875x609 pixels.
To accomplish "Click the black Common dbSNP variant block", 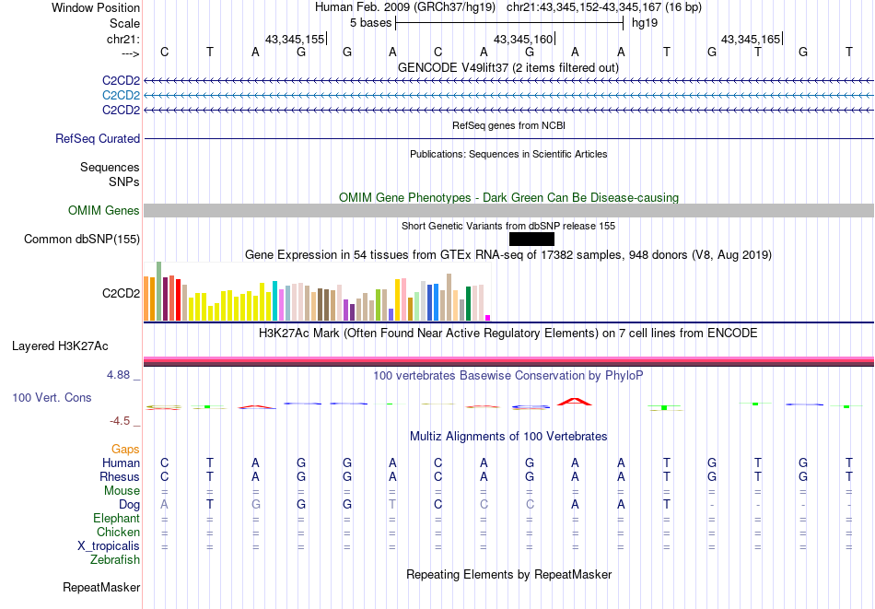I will coord(531,240).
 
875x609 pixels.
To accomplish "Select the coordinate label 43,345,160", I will coord(523,39).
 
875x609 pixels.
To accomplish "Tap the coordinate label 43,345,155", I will coord(295,39).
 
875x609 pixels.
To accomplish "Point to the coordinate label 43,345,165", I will coord(751,39).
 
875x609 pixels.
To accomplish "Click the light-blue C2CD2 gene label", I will coord(121,95).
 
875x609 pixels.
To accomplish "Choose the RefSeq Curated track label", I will coord(98,139).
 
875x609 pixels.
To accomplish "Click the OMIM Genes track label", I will coord(104,211).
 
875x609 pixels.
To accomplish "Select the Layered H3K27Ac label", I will coord(60,346).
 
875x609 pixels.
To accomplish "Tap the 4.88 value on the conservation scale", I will coord(121,375).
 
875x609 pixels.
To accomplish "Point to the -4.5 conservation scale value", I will coord(122,421).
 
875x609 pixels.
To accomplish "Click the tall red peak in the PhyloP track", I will coord(575,401).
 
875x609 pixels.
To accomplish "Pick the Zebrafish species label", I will coord(115,559).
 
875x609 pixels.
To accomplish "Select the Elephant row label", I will coord(116,518).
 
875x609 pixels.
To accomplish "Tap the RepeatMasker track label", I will coord(101,587).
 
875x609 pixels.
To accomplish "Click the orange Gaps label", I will coord(125,449).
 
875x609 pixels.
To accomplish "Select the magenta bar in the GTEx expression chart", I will coord(488,317).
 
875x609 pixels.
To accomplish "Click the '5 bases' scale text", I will coord(369,22).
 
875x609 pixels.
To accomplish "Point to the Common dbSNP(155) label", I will coord(82,240).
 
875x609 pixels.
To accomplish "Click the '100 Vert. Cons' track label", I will coord(52,397).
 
